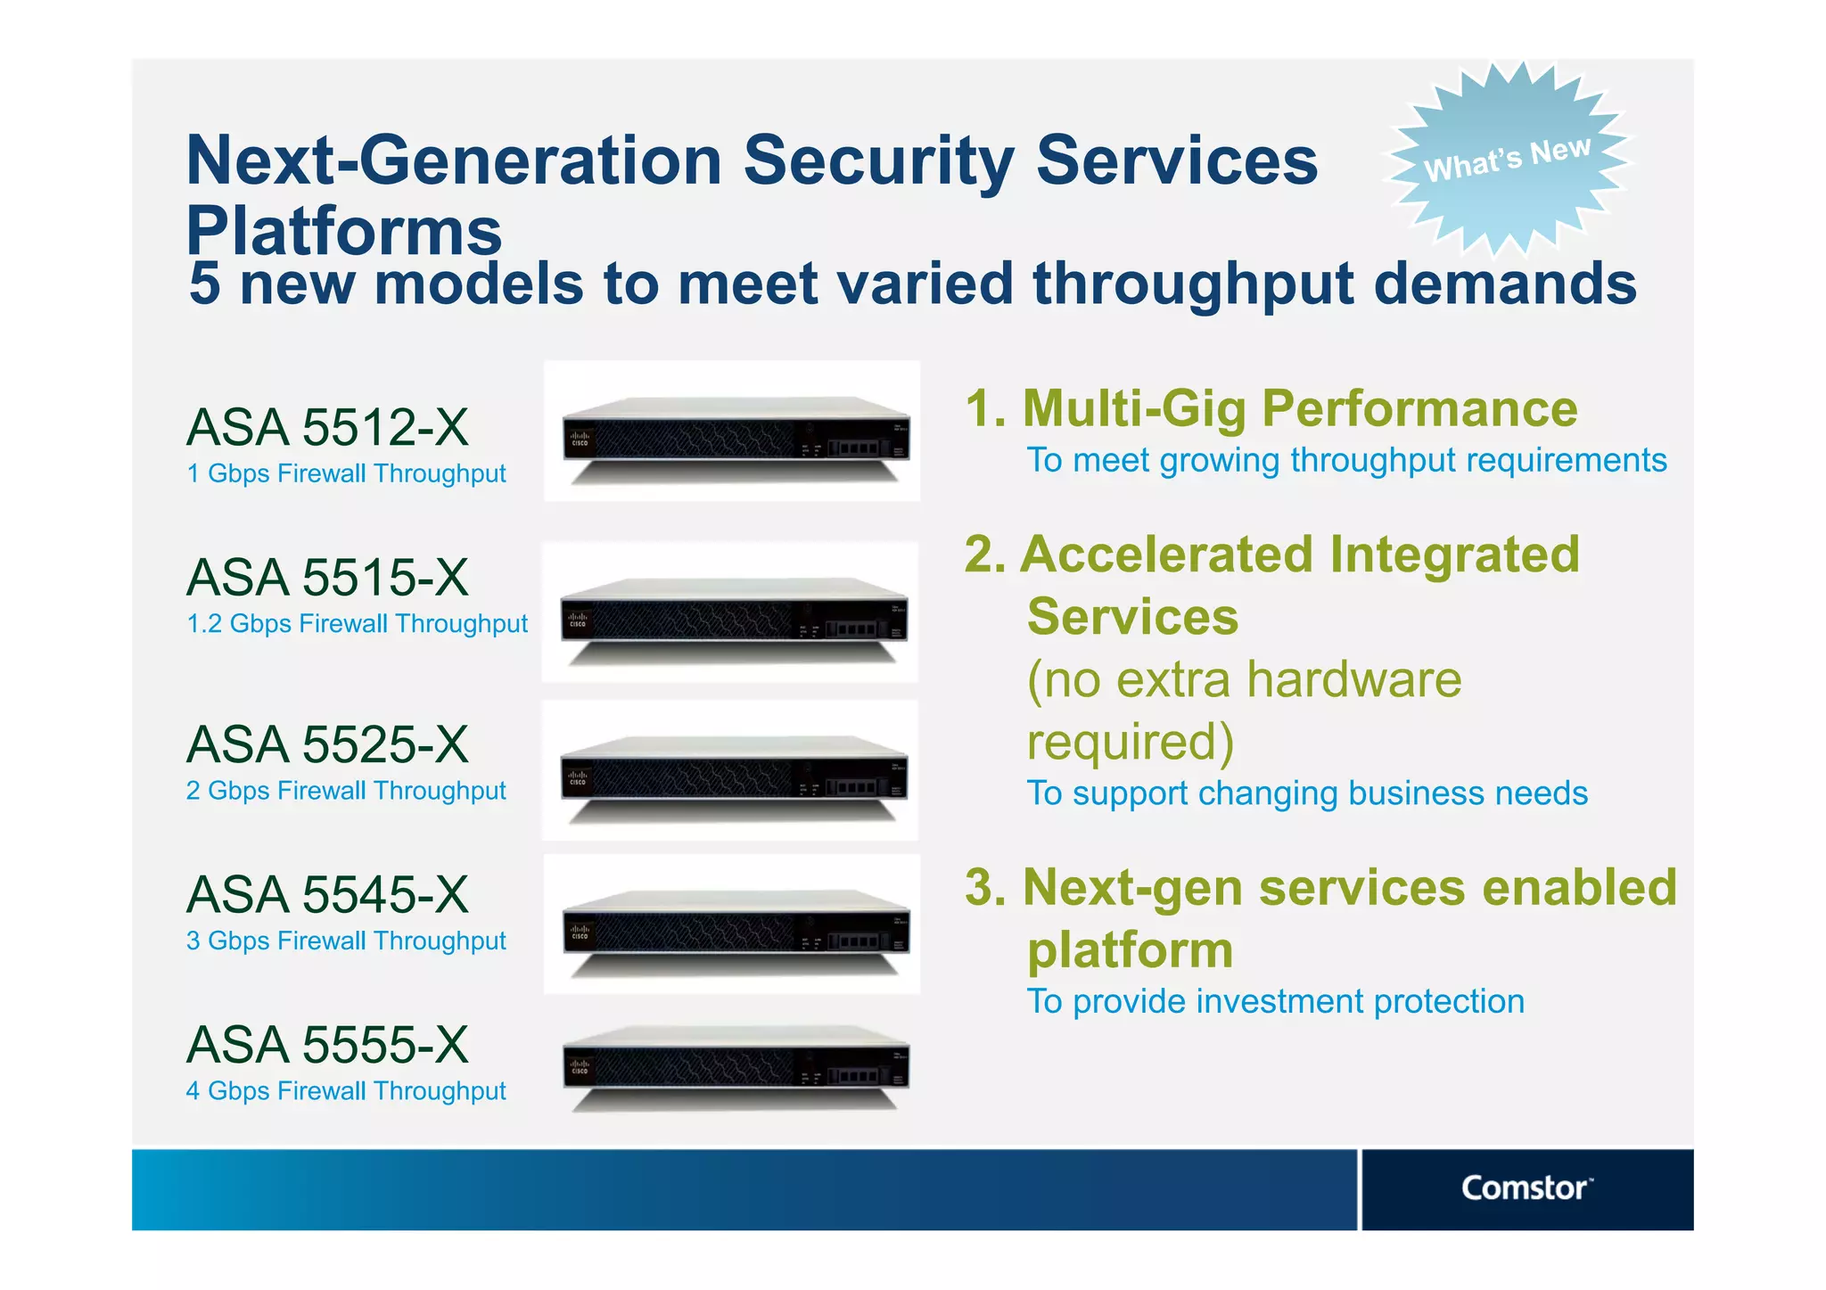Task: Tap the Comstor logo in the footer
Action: [x=1526, y=1188]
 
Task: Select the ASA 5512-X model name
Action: [x=327, y=427]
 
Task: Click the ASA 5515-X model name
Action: [x=327, y=577]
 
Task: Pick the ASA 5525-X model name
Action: [x=327, y=744]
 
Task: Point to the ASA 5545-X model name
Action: [x=327, y=894]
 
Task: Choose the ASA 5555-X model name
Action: [x=327, y=1044]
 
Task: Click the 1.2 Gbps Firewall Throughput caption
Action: [x=357, y=624]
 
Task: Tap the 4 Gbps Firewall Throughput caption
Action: [x=346, y=1091]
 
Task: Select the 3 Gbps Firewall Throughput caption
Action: [x=346, y=941]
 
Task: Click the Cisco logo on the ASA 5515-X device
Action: [x=578, y=620]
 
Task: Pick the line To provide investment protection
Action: [x=1275, y=1001]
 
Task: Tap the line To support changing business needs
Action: [x=1306, y=793]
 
